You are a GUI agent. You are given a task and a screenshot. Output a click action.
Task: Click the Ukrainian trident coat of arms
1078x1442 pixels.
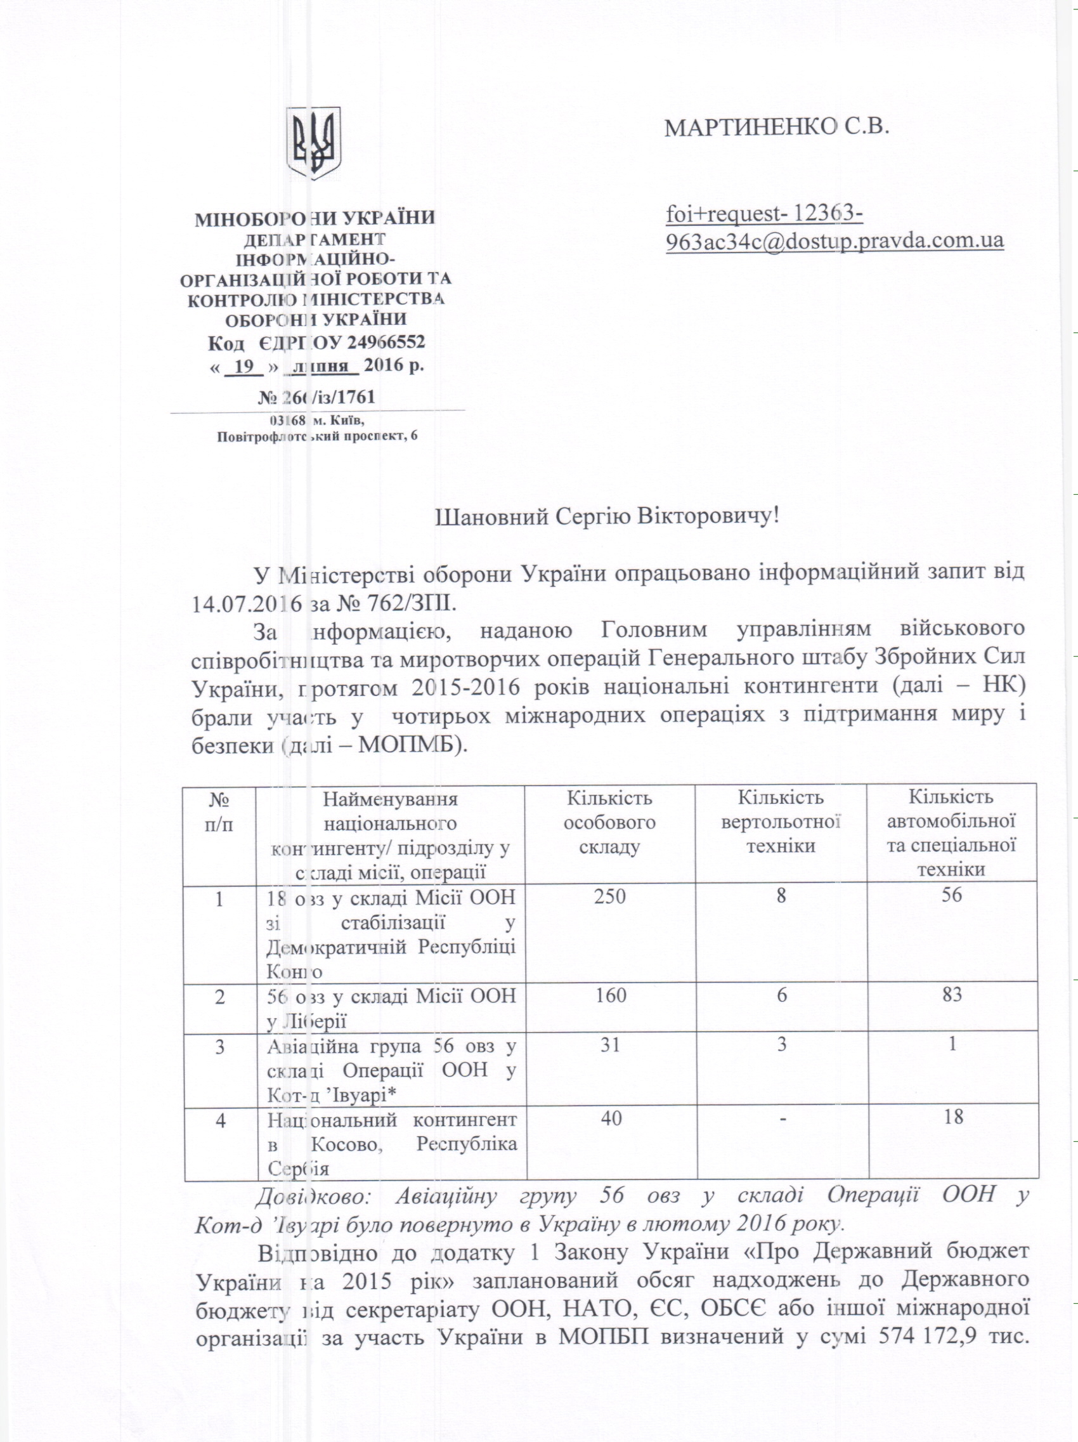tap(314, 143)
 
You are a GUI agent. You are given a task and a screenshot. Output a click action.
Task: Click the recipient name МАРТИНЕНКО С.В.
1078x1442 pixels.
tap(776, 127)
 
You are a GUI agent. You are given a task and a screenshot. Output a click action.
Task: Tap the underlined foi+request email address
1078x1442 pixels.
tap(834, 227)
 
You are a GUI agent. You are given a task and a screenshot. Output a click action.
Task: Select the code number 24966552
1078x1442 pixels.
tap(386, 341)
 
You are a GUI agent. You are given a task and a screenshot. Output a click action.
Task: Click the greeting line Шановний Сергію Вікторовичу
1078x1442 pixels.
tap(607, 517)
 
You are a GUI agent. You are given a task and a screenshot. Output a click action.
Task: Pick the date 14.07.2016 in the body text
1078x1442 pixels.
tap(247, 602)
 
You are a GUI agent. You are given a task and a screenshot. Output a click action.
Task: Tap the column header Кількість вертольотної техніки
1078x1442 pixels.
tap(780, 822)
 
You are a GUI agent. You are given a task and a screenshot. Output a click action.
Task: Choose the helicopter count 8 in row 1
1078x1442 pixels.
tap(781, 896)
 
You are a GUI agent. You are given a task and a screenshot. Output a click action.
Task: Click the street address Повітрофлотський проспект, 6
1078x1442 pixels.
tap(317, 436)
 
